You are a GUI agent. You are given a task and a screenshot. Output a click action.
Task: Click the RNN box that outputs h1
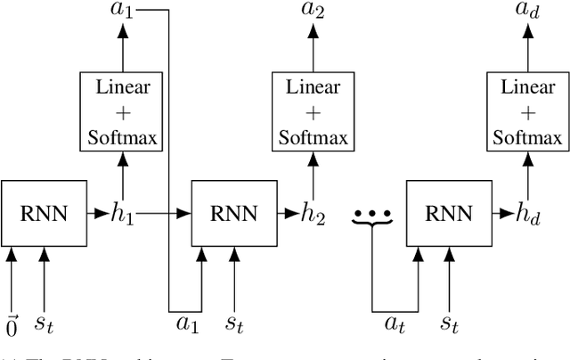[x=44, y=212]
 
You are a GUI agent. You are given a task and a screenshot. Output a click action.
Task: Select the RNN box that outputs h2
[x=234, y=212]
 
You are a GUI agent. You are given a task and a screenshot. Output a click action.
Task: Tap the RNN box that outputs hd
[x=449, y=212]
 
